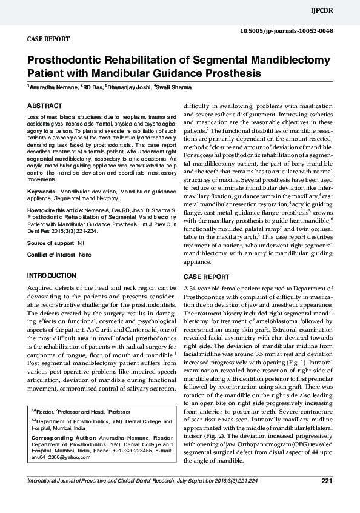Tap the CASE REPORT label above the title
(48, 39)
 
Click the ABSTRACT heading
(45, 106)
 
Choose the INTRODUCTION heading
(52, 276)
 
